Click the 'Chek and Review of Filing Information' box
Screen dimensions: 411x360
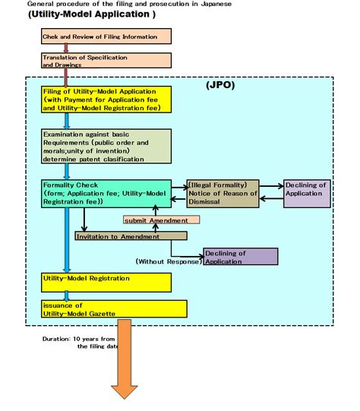(106, 36)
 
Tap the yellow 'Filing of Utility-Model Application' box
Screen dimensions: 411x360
(106, 100)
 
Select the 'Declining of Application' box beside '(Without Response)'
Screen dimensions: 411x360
(240, 257)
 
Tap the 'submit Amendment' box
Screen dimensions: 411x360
(161, 220)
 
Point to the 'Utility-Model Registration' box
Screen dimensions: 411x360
(106, 282)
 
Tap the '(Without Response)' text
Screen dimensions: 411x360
(168, 261)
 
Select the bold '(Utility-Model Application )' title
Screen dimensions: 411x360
(91, 14)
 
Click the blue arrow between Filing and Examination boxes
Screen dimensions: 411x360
(68, 121)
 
